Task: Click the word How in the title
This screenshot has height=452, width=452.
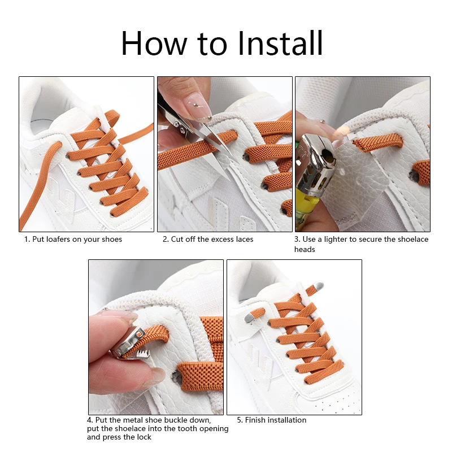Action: point(154,44)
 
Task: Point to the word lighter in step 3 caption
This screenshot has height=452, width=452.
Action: point(336,240)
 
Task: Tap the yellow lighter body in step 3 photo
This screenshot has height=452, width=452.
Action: point(307,202)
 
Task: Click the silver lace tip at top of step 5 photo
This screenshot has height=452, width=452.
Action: point(318,286)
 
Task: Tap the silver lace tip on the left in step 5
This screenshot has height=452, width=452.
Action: point(250,318)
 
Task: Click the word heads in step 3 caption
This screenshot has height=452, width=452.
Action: point(305,249)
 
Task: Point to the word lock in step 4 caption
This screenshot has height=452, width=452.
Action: point(144,437)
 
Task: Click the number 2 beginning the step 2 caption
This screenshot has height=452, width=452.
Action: point(165,240)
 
